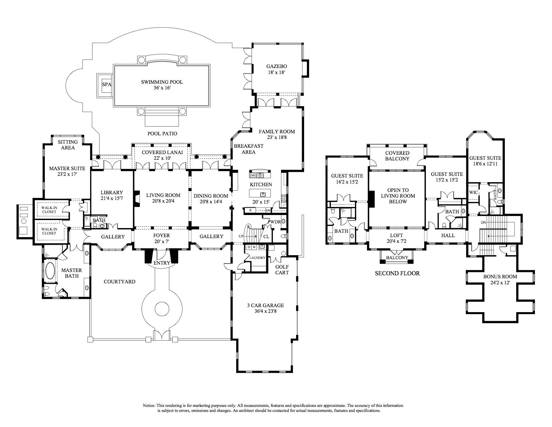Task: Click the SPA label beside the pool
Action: coord(106,84)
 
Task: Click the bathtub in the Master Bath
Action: coord(51,271)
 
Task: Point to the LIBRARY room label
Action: coord(112,193)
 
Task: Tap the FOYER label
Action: coord(162,235)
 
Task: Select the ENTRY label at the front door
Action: coord(162,263)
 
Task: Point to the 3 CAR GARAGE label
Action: coord(265,305)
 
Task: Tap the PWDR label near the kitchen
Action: coord(274,222)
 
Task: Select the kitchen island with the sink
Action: coord(263,194)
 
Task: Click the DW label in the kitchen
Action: coord(253,175)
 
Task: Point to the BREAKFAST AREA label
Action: coord(248,149)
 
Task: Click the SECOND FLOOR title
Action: coord(397,273)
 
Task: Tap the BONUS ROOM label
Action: coord(500,277)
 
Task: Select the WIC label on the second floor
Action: coord(473,193)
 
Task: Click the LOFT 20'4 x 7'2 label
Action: coord(396,238)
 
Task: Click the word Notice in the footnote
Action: coord(149,406)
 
